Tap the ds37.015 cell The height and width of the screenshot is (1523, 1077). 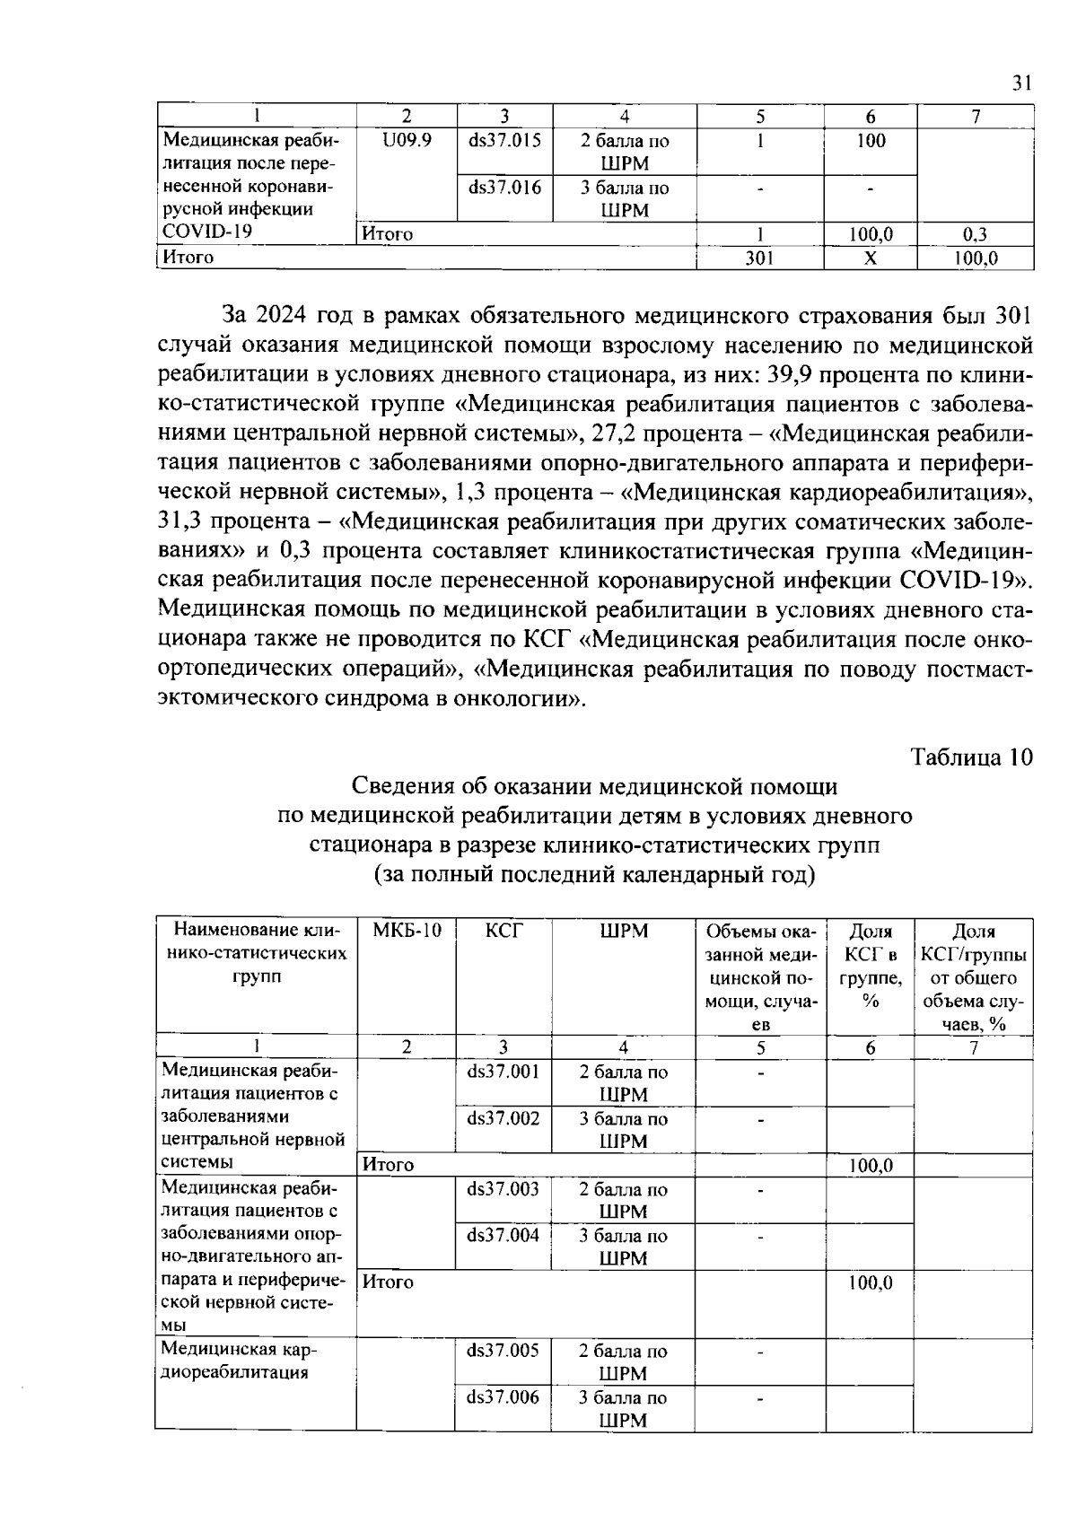pos(504,141)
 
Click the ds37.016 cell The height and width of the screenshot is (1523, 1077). pos(504,188)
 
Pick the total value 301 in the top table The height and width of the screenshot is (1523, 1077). pos(759,258)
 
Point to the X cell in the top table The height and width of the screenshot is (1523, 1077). pos(870,258)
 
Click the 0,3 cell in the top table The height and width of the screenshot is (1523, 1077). pos(975,235)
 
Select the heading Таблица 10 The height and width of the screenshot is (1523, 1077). pos(972,757)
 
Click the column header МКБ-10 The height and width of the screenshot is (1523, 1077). pos(407,931)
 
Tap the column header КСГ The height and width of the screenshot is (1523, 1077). pos(503,931)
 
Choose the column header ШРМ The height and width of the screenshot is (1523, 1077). pos(623,931)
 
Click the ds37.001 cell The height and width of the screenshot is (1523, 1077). pos(503,1072)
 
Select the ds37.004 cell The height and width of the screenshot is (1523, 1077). pos(503,1236)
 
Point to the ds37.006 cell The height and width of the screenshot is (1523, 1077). pos(503,1397)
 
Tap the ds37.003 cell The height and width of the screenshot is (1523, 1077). pos(503,1189)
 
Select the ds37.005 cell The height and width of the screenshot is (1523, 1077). pos(503,1351)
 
